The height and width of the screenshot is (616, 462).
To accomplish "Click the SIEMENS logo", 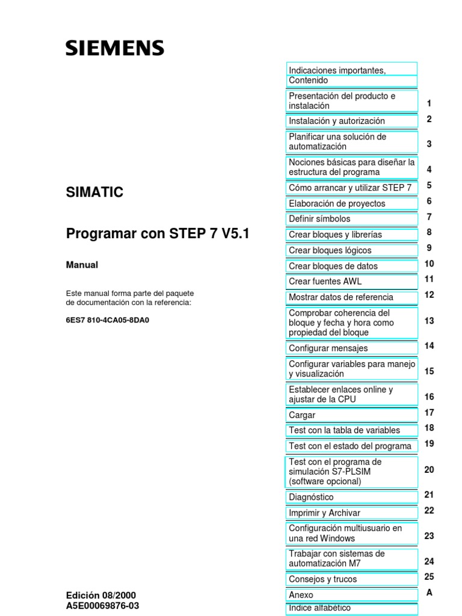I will pos(114,48).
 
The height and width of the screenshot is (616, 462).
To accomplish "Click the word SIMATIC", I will pos(94,192).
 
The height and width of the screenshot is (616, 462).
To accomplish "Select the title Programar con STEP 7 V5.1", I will pos(158,234).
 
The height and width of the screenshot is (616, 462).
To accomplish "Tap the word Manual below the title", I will pos(82,265).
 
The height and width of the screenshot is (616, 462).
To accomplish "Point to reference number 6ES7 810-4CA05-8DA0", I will pos(107,320).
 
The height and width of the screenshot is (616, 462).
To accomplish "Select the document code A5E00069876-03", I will pos(102,606).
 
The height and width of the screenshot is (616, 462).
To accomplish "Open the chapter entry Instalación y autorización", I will pos(337,121).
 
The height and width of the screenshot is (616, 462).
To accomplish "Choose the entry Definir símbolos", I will pos(319,219).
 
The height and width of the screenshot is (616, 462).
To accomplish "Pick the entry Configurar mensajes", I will pos(328,348).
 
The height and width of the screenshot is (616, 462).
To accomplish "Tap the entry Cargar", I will pos(302,415).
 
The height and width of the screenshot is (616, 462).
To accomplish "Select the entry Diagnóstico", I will pos(311,497).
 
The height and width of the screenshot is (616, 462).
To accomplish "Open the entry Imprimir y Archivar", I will pos(325,513).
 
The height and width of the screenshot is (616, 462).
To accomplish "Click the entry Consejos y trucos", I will pos(323,579).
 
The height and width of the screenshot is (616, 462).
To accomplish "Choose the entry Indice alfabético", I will pos(319,608).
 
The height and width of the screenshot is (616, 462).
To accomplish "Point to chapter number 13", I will pos(429,321).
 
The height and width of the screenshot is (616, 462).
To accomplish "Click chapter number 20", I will pos(429,470).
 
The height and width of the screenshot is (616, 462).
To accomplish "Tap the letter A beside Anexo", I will pos(429,593).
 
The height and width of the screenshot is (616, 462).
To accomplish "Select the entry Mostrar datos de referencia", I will pos(341,297).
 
